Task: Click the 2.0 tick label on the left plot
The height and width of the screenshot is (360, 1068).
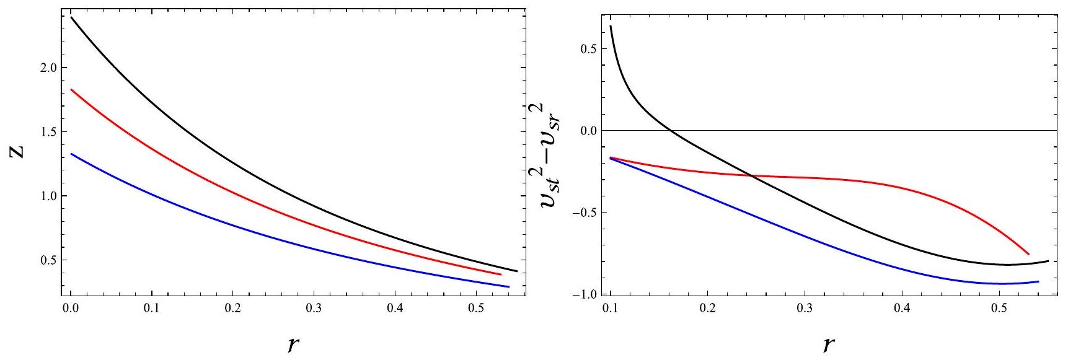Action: click(x=45, y=68)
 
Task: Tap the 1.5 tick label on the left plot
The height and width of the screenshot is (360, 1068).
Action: click(x=45, y=132)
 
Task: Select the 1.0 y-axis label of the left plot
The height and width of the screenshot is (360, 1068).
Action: click(x=45, y=196)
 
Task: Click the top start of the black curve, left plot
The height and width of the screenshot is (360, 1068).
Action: click(x=72, y=17)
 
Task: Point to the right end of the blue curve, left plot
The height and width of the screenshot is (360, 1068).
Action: click(x=508, y=287)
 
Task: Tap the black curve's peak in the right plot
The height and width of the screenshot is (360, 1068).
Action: click(x=611, y=26)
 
